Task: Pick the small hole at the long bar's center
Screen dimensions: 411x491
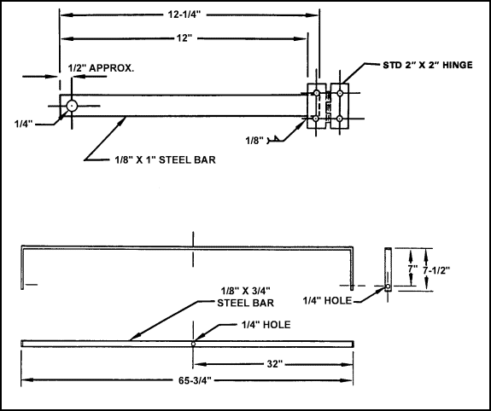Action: [194, 343]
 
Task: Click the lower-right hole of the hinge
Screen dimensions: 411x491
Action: [340, 118]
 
